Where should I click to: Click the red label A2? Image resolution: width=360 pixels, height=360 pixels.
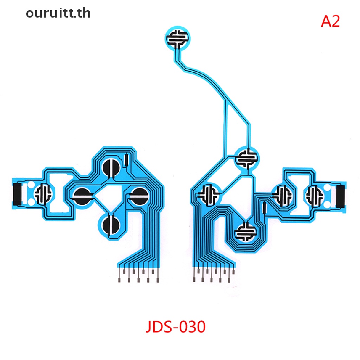[x=330, y=21]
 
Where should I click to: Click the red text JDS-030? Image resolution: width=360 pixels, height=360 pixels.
[x=176, y=327]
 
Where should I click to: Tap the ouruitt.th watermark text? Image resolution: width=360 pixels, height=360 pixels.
[x=58, y=13]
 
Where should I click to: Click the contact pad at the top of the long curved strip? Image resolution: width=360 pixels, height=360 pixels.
[x=178, y=38]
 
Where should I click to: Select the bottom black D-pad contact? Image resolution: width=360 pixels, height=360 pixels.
[x=111, y=225]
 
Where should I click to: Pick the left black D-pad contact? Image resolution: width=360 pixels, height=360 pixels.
[x=82, y=196]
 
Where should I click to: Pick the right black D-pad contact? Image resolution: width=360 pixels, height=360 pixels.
[x=139, y=196]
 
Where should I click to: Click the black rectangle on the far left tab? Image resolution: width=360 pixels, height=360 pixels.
[x=18, y=194]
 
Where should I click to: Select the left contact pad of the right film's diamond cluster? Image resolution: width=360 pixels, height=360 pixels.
[x=209, y=195]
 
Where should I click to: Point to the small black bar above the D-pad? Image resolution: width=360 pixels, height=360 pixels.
[x=126, y=160]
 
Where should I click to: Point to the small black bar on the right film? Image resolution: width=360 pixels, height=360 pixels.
[x=264, y=208]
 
